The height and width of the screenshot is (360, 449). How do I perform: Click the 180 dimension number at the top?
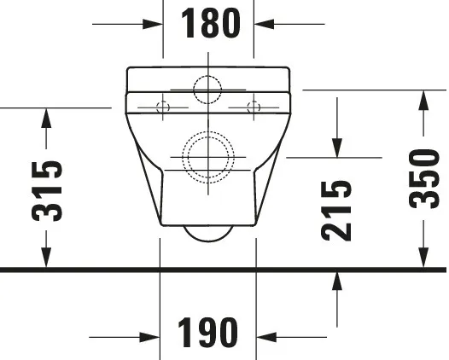209,24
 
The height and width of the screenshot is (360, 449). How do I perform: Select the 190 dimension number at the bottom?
208,332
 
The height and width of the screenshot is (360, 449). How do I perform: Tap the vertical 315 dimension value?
47,189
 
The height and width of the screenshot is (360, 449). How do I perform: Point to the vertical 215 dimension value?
338,210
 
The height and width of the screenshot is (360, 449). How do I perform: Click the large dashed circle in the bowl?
207,157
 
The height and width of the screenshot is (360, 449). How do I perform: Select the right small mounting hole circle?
253,106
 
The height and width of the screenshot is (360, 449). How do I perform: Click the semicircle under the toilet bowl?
207,233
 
